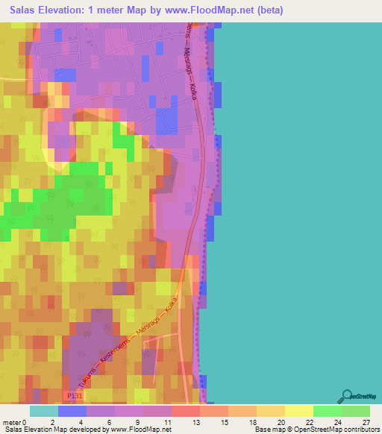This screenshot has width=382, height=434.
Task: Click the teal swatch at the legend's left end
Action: coord(44,411)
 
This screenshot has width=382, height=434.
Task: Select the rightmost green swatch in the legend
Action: coord(355,411)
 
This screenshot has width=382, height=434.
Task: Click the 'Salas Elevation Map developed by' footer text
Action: coord(55,430)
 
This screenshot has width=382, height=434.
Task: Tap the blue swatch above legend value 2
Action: coord(72,411)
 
